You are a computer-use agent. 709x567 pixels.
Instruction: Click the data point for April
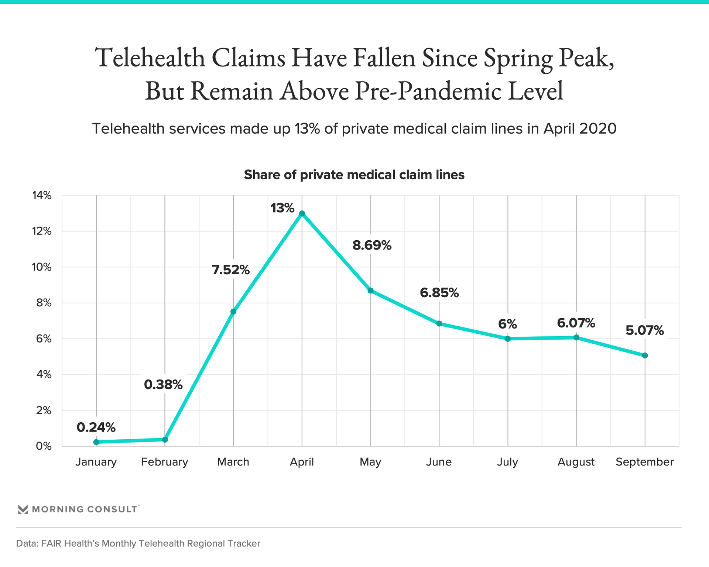[302, 213]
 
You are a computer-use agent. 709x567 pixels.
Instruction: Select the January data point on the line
[96, 442]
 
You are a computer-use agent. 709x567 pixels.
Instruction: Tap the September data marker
[645, 355]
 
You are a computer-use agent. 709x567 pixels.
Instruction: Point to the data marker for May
[370, 291]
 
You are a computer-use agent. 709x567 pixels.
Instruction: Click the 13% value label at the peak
[282, 209]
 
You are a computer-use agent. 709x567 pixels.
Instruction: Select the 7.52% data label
[231, 270]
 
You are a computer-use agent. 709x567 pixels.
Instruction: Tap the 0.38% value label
[163, 385]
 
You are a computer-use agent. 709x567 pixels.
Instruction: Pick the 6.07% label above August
[576, 323]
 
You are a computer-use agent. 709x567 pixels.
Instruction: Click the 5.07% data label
[645, 330]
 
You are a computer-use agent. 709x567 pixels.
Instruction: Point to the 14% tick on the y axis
[42, 196]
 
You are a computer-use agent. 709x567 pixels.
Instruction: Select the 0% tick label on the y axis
[44, 446]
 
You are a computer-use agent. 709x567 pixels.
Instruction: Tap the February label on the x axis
[165, 462]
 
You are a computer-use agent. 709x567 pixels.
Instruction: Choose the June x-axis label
[439, 462]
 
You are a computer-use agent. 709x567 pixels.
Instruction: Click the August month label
[576, 462]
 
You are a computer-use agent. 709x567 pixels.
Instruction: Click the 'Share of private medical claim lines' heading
[354, 175]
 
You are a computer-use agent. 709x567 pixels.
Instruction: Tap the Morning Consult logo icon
[23, 509]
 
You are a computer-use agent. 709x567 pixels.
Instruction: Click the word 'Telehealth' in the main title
[150, 58]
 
